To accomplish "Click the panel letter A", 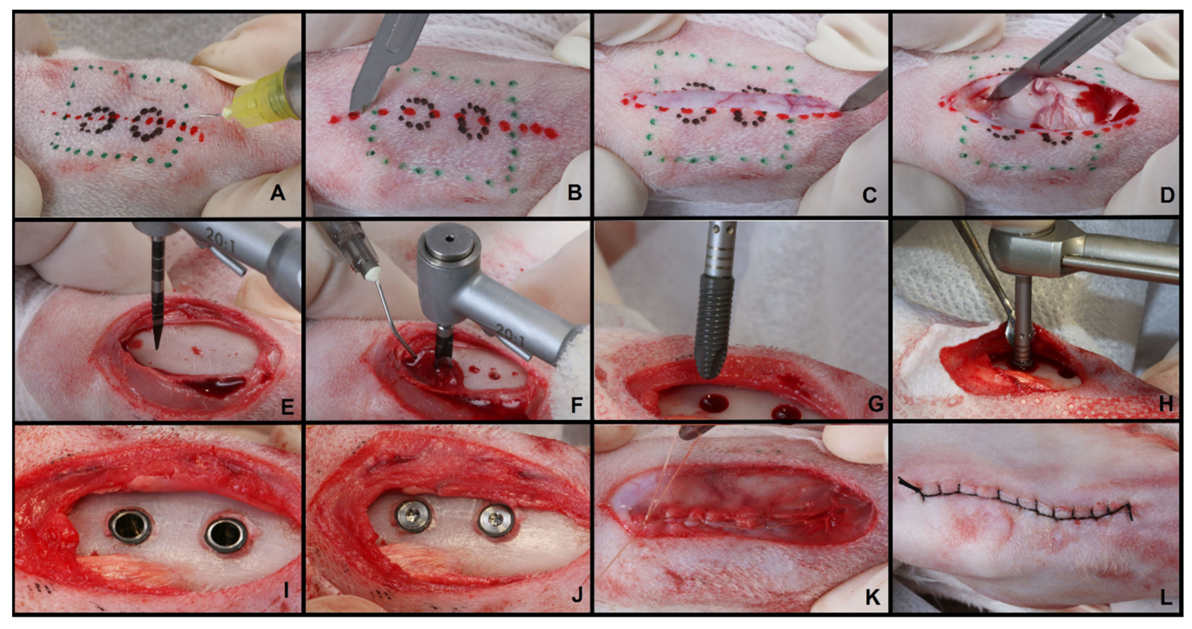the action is tap(278, 193).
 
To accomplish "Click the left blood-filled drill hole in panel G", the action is tap(713, 403).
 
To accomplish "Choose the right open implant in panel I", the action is tap(226, 535).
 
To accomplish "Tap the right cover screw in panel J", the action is tap(496, 520).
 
